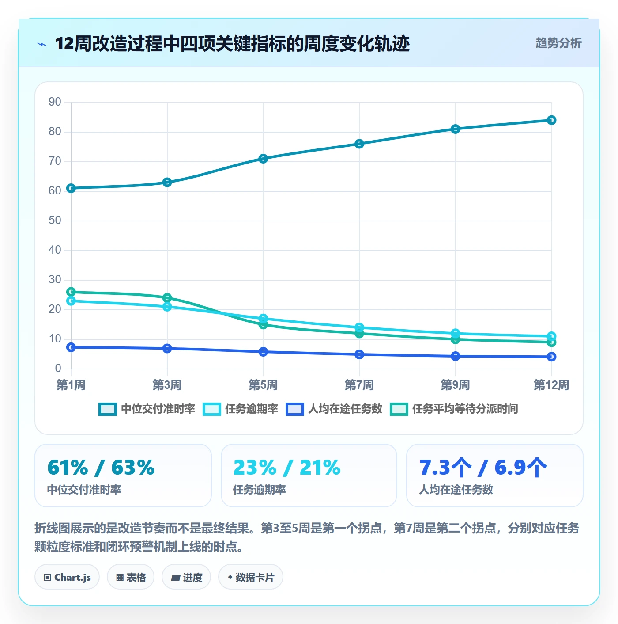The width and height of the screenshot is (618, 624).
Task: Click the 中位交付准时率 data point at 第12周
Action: pyautogui.click(x=551, y=120)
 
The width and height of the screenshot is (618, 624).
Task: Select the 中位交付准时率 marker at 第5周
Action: pyautogui.click(x=263, y=159)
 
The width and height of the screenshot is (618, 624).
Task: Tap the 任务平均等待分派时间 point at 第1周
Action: pyautogui.click(x=71, y=292)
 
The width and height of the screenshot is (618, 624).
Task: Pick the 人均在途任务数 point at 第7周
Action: pyautogui.click(x=359, y=354)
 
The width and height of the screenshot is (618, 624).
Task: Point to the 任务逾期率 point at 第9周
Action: pyautogui.click(x=455, y=333)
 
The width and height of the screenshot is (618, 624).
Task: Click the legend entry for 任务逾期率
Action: pyautogui.click(x=241, y=409)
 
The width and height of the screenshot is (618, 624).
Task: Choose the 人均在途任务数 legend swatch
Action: pyautogui.click(x=295, y=409)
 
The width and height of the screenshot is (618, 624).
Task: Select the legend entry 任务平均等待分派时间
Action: pyautogui.click(x=454, y=409)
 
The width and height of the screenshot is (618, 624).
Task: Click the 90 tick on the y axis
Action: pyautogui.click(x=55, y=102)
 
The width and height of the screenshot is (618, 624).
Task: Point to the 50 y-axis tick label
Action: pyautogui.click(x=55, y=221)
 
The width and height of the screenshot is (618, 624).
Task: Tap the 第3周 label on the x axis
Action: pyautogui.click(x=167, y=385)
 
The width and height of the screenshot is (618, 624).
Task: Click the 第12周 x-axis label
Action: pyautogui.click(x=551, y=385)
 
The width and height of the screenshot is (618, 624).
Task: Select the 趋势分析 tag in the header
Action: pyautogui.click(x=558, y=43)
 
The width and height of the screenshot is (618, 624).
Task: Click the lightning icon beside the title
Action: pyautogui.click(x=42, y=44)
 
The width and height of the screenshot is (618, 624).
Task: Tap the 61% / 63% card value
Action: pyautogui.click(x=101, y=468)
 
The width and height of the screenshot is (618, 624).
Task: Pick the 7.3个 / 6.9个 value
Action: pyautogui.click(x=483, y=468)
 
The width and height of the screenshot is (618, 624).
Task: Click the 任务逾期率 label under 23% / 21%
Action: pyautogui.click(x=259, y=490)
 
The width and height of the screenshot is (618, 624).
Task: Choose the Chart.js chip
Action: pyautogui.click(x=67, y=577)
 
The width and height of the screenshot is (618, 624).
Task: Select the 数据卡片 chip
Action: pyautogui.click(x=251, y=577)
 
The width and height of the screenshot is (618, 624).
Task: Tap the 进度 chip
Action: pyautogui.click(x=186, y=577)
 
